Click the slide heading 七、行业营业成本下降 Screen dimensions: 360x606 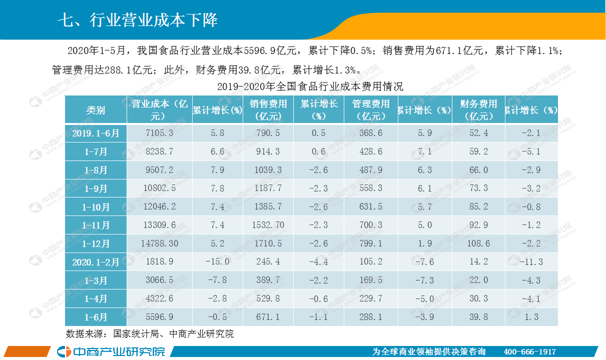point(138,20)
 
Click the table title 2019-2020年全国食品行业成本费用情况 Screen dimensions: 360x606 point(310,86)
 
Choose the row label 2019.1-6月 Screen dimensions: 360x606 point(96,133)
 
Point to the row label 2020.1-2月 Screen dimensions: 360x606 point(96,262)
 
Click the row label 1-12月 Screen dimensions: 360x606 point(96,243)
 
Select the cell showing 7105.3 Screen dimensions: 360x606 point(159,133)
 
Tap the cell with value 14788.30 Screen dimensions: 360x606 point(159,243)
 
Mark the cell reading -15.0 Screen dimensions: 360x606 point(218,262)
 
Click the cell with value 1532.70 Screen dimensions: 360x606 point(268,225)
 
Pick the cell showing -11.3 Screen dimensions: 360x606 point(531,262)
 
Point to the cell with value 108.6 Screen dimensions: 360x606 point(478,243)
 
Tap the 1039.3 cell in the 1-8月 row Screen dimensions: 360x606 point(268,170)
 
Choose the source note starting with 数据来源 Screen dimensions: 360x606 point(150,333)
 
